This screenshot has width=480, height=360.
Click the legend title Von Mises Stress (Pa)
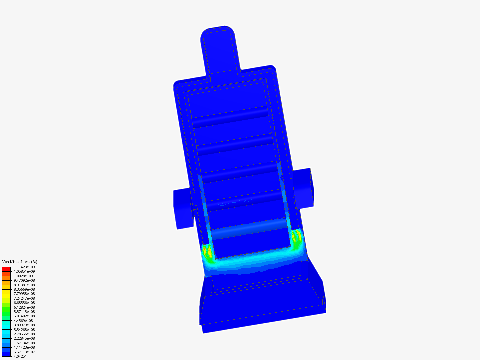click(20, 262)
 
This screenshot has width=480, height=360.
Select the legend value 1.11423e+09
click(24, 267)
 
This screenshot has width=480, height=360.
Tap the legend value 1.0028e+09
click(23, 276)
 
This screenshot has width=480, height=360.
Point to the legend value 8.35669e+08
click(24, 289)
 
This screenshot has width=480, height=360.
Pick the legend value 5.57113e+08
click(24, 311)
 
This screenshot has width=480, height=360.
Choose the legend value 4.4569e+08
click(23, 320)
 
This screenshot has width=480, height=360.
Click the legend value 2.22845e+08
click(24, 338)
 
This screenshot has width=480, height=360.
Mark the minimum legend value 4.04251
click(20, 356)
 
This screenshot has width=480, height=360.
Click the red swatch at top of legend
click(6, 269)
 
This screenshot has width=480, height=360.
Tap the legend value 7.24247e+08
click(24, 298)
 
